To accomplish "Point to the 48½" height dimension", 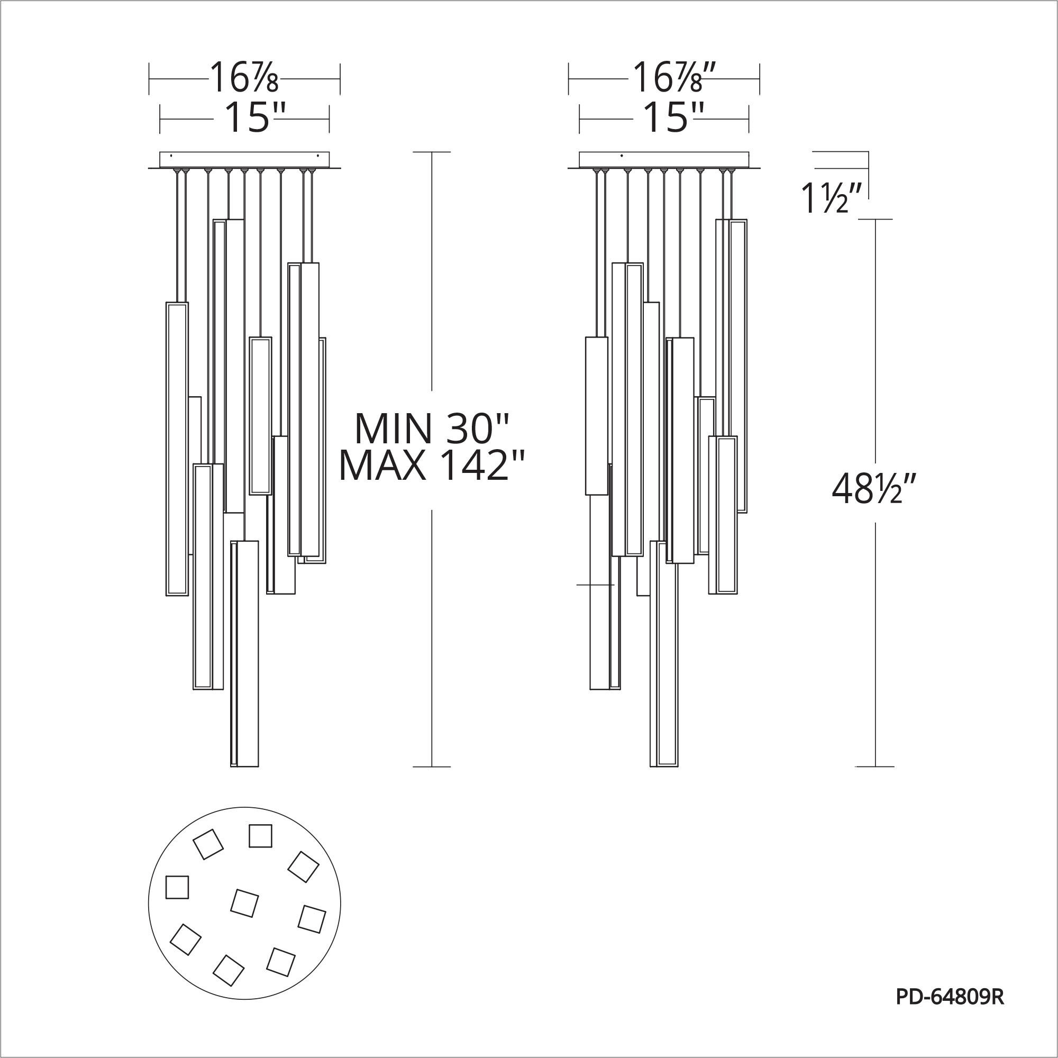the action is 874,489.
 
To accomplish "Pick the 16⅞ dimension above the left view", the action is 244,78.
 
